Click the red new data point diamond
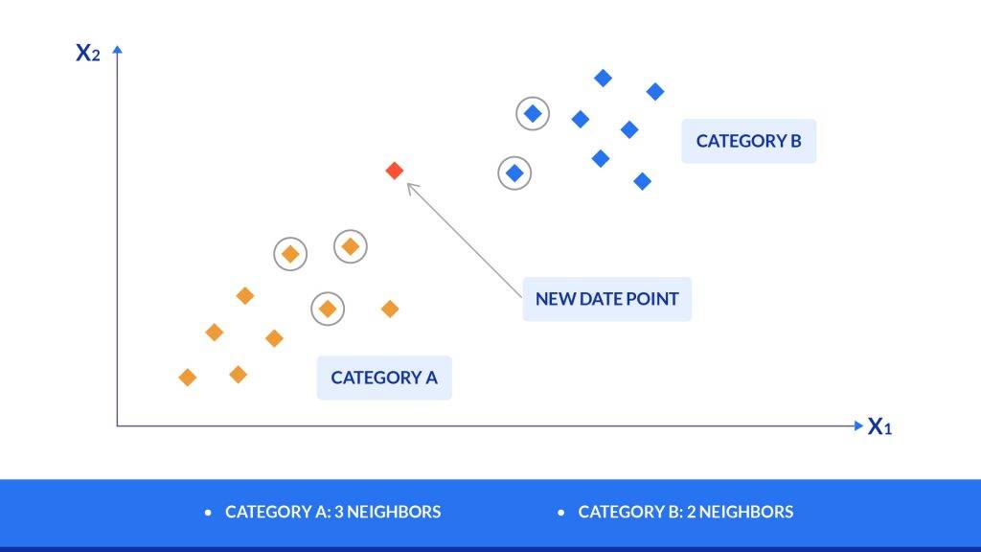point(394,171)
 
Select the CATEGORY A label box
point(384,378)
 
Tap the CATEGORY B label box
point(749,141)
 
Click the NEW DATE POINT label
point(606,299)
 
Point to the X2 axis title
point(87,53)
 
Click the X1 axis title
point(879,426)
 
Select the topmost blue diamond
point(604,79)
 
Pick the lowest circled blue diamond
point(514,173)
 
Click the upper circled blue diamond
point(533,114)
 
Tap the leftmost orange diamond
point(188,378)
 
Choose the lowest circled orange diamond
point(328,309)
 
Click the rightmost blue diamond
point(655,92)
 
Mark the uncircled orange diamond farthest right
point(390,309)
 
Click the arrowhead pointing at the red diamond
point(412,188)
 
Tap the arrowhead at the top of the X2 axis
point(117,50)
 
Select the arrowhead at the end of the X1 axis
point(858,425)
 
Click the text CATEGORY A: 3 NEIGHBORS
point(332,512)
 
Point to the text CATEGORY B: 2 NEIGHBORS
point(686,512)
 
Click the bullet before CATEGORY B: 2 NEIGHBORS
point(560,513)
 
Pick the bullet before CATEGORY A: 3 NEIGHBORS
point(208,513)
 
